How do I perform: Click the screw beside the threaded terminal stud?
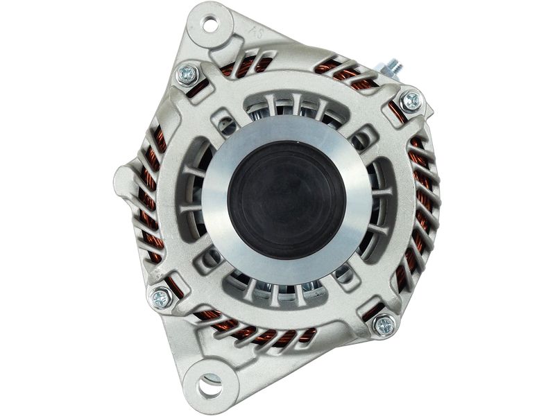[411, 100]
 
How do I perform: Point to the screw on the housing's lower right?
[384, 322]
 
